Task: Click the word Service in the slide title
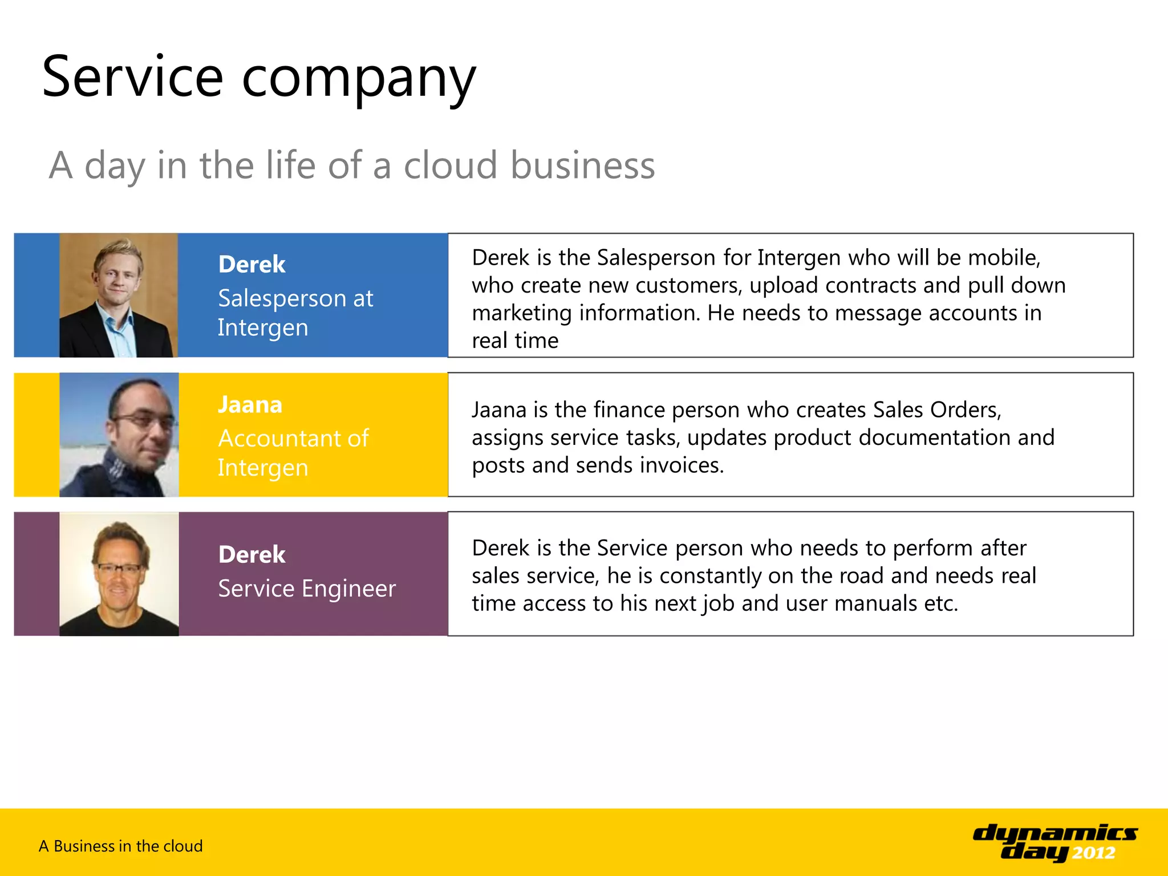[132, 77]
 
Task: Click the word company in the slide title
[359, 80]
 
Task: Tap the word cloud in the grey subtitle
[451, 165]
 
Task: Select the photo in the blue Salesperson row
[119, 295]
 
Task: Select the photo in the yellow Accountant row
[119, 435]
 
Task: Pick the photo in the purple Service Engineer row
[119, 574]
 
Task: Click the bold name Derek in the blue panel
[252, 265]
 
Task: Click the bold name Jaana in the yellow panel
[250, 404]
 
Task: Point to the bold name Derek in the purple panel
[252, 554]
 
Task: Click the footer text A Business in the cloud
[120, 846]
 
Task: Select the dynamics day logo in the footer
[1055, 842]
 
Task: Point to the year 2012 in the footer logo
[1093, 853]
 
